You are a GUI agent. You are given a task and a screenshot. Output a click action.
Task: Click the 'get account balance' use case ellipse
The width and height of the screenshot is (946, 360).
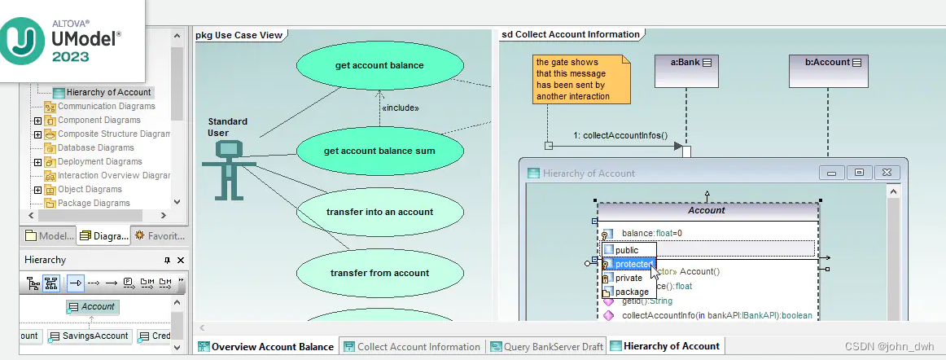(x=379, y=65)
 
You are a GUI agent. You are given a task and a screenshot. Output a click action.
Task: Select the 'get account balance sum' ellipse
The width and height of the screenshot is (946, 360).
(x=379, y=151)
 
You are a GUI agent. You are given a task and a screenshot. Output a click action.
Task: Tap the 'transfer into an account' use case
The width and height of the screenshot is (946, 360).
(x=379, y=212)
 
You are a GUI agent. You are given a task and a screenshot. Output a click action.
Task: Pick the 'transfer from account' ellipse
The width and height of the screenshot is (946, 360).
(x=379, y=273)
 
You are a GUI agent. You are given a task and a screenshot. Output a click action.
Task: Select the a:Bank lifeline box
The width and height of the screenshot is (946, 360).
(x=686, y=69)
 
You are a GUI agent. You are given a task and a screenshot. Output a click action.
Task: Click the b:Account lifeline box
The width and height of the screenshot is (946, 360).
(x=828, y=69)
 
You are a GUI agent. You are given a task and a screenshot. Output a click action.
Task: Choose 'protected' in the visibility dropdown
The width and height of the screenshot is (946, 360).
(x=633, y=264)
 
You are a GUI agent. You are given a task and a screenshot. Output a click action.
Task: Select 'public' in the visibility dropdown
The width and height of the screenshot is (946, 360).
(x=627, y=250)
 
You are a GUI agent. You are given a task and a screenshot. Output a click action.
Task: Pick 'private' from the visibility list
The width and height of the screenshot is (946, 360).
(x=628, y=278)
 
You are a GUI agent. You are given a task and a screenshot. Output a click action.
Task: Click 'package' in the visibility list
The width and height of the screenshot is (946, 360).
(x=632, y=292)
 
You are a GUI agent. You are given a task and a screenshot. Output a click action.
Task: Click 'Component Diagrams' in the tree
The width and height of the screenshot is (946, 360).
(x=99, y=120)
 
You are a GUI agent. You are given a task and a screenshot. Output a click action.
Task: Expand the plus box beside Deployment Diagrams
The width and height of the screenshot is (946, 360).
(x=37, y=161)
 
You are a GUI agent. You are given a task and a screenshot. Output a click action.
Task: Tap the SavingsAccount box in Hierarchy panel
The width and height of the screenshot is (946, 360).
(x=90, y=336)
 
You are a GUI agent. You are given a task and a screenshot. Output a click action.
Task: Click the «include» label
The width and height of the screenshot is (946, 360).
(x=401, y=108)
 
